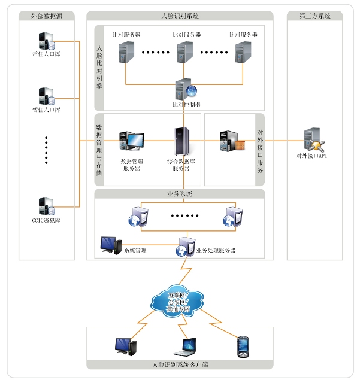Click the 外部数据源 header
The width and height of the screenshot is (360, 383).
pyautogui.click(x=47, y=16)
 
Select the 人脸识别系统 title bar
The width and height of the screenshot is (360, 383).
pyautogui.click(x=180, y=16)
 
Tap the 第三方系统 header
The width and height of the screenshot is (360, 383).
pyautogui.click(x=314, y=16)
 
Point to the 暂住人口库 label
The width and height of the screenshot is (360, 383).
pyautogui.click(x=46, y=110)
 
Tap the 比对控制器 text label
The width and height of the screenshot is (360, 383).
pyautogui.click(x=185, y=104)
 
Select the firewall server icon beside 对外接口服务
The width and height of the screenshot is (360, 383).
pyautogui.click(x=232, y=141)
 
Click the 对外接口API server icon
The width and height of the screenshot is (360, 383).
pyautogui.click(x=313, y=140)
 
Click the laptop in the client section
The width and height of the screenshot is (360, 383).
pyautogui.click(x=184, y=346)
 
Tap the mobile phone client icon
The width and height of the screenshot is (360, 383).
pyautogui.click(x=243, y=345)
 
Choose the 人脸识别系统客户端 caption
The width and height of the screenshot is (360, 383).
pyautogui.click(x=180, y=364)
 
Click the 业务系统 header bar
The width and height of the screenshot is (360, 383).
pyautogui.click(x=180, y=194)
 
